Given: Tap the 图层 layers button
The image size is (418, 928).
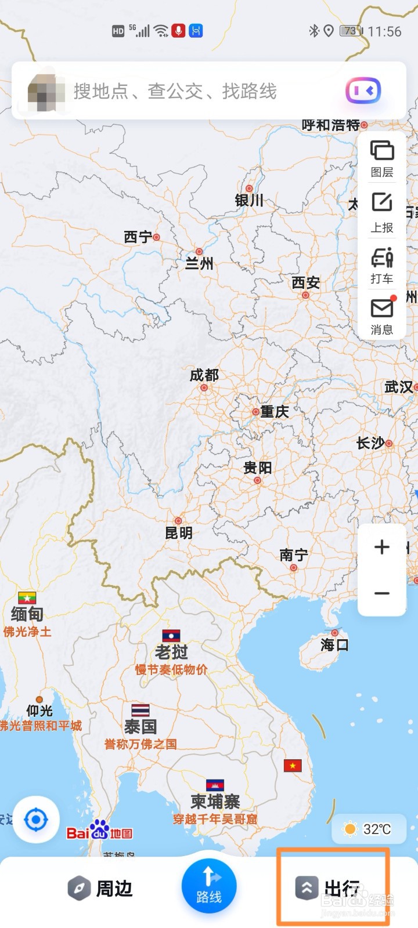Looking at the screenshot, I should (382, 157).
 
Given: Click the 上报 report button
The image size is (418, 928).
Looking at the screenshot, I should (382, 211).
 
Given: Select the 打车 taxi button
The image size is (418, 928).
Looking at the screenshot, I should (382, 264).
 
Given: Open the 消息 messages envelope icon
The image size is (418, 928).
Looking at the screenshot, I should (382, 316).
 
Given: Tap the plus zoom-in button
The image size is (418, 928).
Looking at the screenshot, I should (382, 547).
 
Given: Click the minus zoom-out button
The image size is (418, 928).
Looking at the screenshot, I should (382, 593).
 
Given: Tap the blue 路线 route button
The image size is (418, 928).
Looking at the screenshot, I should (209, 885).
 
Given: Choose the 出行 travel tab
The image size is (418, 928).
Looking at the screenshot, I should (329, 888).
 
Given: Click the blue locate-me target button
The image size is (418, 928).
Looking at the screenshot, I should (36, 820).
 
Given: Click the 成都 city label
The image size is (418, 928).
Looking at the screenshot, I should (204, 376).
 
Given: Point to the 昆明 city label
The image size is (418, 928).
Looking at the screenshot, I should (179, 533).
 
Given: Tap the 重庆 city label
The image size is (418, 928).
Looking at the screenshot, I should (274, 412).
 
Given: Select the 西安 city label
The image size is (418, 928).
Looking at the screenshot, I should (305, 282).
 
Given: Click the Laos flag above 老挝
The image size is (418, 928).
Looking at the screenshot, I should (171, 635).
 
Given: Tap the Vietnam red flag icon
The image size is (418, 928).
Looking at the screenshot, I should (293, 766).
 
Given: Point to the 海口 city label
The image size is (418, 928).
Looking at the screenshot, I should (334, 644).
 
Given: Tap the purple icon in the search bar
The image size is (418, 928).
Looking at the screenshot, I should (363, 91).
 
